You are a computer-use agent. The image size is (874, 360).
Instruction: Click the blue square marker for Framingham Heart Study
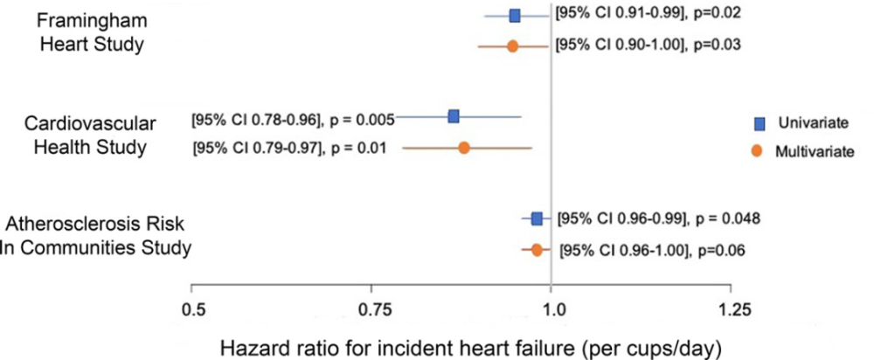pos(515,16)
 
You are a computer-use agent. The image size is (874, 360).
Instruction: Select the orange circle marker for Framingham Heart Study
pos(512,45)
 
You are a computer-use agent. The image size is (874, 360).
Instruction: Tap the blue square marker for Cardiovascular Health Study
pos(454,116)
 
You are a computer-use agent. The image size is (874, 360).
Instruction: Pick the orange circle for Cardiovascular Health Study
pos(464,148)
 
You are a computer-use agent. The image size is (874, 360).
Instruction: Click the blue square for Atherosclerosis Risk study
pos(537,218)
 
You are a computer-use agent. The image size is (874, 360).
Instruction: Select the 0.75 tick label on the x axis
pos(371,309)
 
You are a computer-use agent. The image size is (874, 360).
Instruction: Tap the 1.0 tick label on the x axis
pos(551,309)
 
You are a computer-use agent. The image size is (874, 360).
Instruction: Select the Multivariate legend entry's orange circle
pos(760,150)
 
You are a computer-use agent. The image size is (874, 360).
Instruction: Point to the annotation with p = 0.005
pos(293,117)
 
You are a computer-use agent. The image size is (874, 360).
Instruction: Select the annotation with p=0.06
pos(651,252)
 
